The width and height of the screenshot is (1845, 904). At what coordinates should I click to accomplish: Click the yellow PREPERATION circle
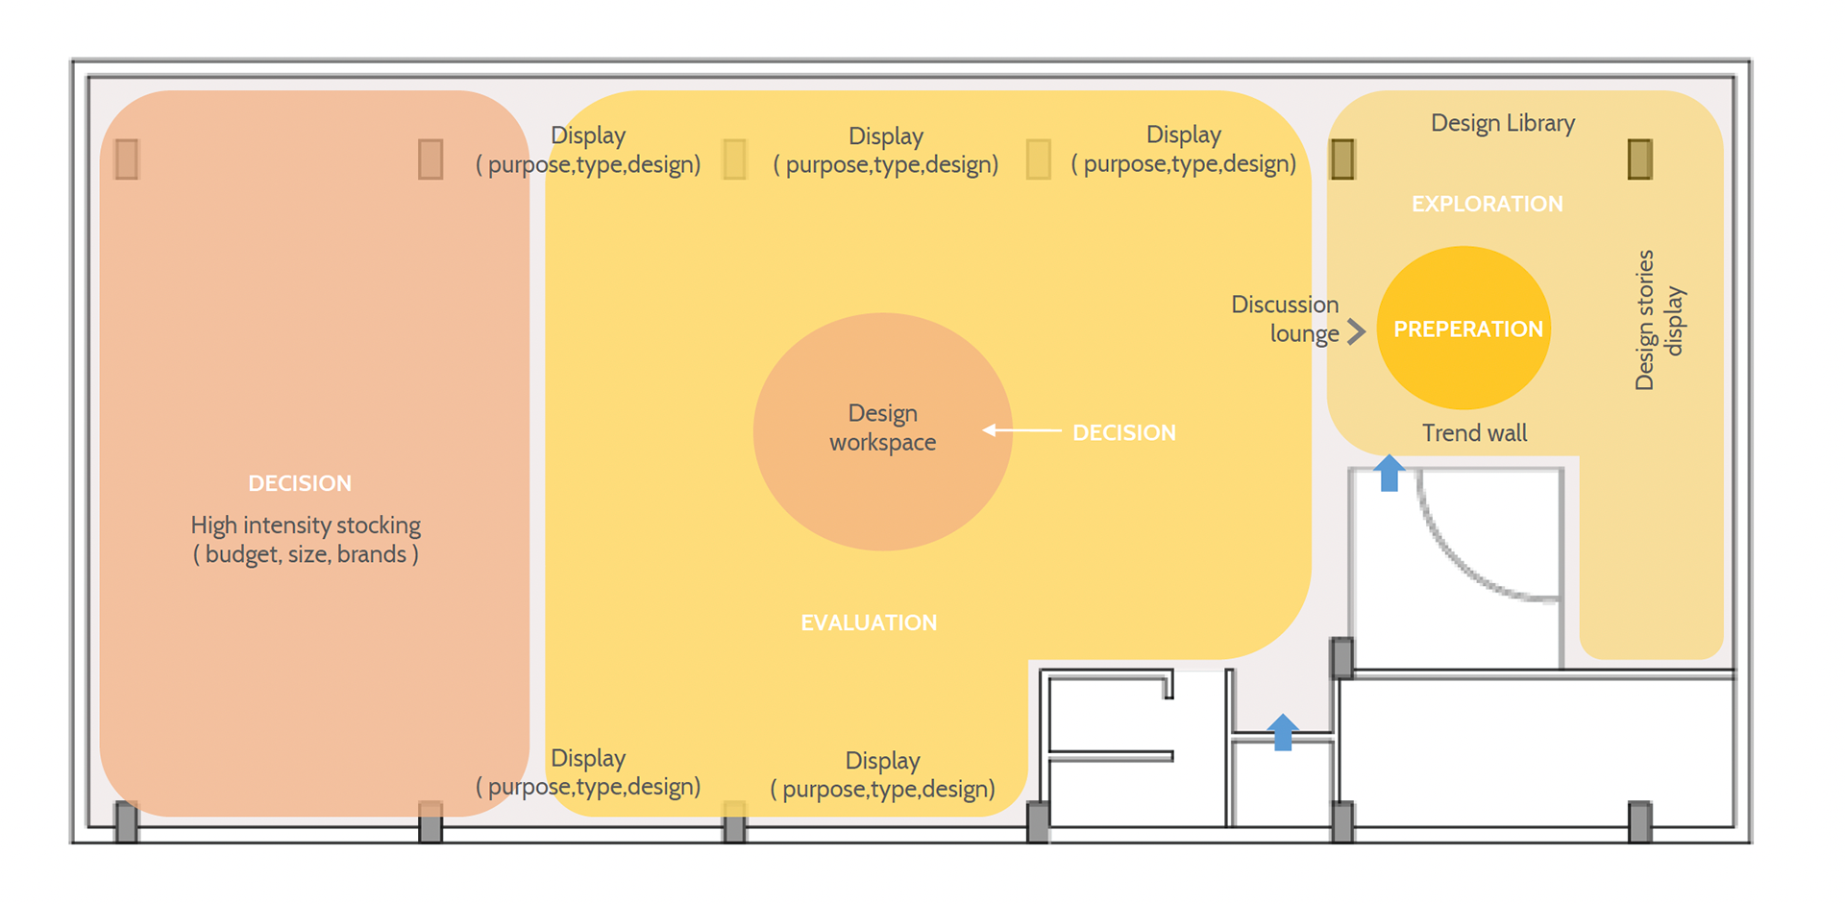pos(1464,328)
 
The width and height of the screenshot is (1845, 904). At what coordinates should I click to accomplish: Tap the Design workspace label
pos(882,428)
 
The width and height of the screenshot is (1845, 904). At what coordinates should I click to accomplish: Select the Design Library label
pos(1503,123)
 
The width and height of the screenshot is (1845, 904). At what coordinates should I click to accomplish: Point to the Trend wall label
pos(1474,433)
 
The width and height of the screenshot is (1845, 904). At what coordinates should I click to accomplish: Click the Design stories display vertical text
pos(1660,320)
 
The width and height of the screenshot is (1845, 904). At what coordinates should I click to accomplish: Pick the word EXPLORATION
pos(1487,204)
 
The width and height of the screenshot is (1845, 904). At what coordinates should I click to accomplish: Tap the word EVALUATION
pos(869,623)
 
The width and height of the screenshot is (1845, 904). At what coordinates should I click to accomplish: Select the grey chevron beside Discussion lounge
pos(1356,331)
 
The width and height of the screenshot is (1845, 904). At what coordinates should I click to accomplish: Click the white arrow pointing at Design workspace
pos(1022,430)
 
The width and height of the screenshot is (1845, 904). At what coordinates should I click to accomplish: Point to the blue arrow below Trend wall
pos(1389,473)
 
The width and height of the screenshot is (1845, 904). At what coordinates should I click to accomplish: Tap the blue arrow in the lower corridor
pos(1282,732)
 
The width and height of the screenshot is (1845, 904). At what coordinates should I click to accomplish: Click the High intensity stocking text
pos(306,540)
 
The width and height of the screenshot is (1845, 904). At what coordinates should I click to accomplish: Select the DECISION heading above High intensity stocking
pos(300,483)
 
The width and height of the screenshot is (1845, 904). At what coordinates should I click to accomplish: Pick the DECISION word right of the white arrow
pos(1124,433)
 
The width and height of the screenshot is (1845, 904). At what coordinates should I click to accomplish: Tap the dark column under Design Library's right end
pos(1640,159)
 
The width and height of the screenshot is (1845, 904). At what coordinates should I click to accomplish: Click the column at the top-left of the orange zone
pos(127,159)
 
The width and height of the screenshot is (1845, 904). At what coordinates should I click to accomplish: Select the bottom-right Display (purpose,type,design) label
pos(883,774)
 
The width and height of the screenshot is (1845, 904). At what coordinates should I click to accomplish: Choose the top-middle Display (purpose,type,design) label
pos(886,150)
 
